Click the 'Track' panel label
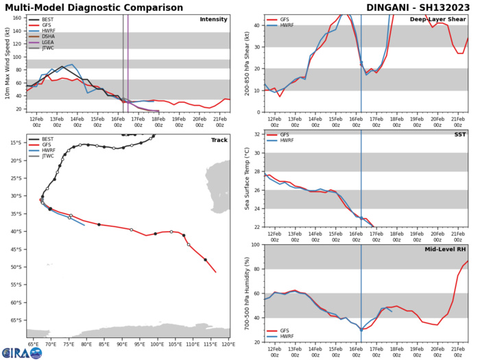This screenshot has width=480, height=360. coord(217,139)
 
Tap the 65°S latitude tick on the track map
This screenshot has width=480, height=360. coord(15,320)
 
